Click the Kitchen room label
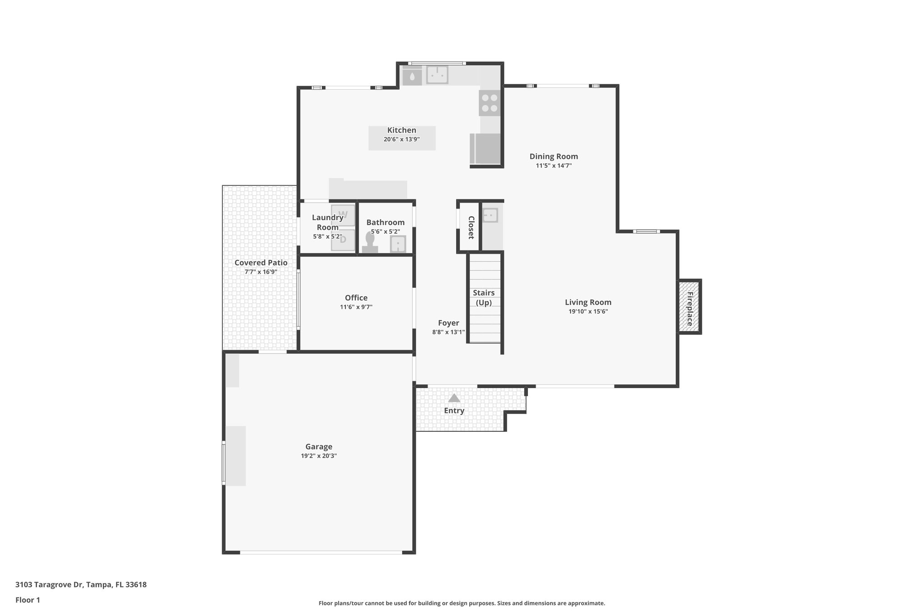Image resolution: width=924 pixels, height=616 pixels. coord(402,130)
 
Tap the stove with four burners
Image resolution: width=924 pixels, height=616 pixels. coord(490,103)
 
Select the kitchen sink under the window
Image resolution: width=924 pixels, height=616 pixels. coord(437,75)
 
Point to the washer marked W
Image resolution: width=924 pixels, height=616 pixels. coord(343,215)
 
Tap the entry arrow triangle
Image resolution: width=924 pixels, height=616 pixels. coord(454,398)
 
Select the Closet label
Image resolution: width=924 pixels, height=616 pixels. coord(471,227)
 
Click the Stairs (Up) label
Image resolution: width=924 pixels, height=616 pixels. coord(484,298)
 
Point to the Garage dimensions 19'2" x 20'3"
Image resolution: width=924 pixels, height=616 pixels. coord(319,456)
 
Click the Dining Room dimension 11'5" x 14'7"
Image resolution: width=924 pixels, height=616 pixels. coord(554,166)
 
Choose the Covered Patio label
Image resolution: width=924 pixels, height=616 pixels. coord(261,263)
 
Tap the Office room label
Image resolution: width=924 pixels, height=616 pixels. coord(356,298)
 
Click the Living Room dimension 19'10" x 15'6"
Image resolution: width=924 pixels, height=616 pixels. coord(588,311)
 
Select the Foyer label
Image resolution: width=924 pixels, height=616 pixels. coord(448,323)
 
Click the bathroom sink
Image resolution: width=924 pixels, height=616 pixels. coord(397,244)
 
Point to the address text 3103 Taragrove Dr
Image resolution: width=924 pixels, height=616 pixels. coord(81,585)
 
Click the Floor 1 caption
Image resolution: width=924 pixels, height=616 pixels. coord(28,600)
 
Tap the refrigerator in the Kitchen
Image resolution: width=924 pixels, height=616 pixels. coord(486,148)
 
